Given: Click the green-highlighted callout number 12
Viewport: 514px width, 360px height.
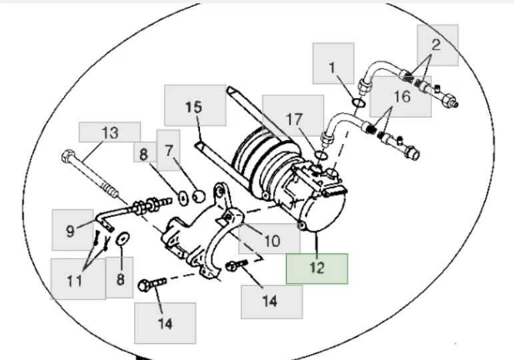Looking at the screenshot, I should pos(317,268).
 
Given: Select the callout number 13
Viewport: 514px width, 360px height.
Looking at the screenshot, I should pos(109,133).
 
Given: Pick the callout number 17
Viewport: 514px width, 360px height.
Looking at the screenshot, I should pos(294,119).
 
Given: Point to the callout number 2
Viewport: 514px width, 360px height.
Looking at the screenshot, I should pos(436,45).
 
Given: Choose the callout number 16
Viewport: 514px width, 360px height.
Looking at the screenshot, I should pos(402,97).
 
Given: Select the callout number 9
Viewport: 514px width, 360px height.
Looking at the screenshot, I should pos(70,231).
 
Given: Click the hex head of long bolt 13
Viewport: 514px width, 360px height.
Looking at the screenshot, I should pos(67,159).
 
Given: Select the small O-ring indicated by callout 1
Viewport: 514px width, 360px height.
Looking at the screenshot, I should pos(357,103).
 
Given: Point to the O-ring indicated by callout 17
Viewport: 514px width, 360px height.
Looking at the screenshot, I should pos(320,155).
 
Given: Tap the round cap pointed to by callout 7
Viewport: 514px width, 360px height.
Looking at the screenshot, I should pos(198,196).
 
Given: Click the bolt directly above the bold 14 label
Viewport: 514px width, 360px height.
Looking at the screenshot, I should pos(148,287).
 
